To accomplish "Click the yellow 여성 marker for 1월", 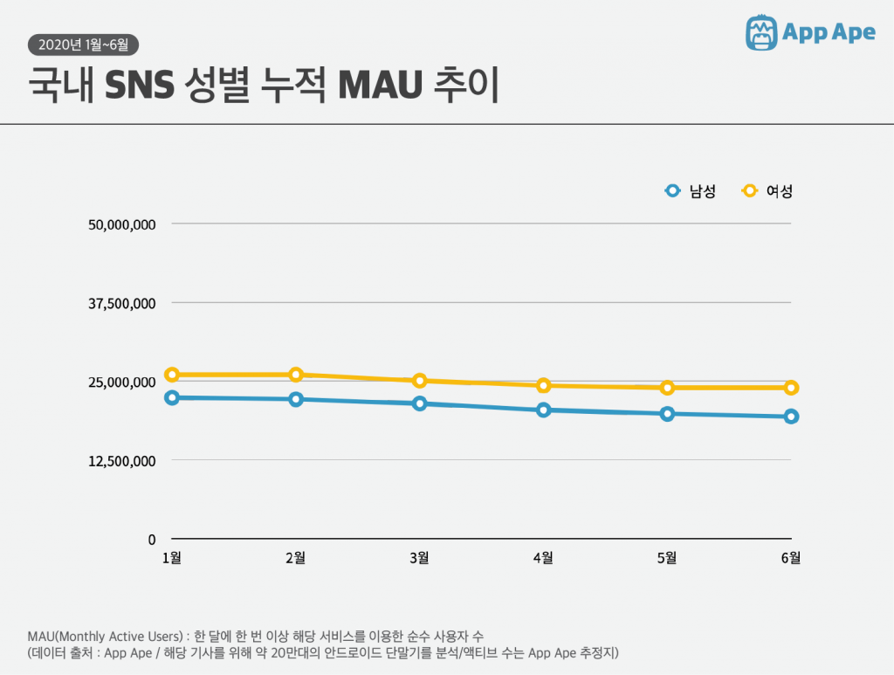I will point(172,375).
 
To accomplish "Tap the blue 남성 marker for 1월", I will point(172,397).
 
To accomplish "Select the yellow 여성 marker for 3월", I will point(420,381).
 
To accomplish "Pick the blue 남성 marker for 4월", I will point(544,410).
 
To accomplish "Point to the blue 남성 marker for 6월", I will point(791,417).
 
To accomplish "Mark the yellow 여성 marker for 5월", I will point(667,388).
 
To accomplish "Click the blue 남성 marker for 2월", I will point(296,399).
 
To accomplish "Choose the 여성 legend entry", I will point(767,191).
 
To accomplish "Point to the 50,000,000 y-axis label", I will point(122,224).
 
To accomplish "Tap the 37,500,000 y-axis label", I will point(122,304).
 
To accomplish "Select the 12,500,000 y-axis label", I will point(122,461).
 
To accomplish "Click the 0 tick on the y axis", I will point(151,540).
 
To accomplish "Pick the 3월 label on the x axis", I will point(420,558).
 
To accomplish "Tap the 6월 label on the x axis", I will point(791,558).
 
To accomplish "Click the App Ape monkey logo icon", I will point(761,33).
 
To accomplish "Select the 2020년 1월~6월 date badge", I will point(84,45).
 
